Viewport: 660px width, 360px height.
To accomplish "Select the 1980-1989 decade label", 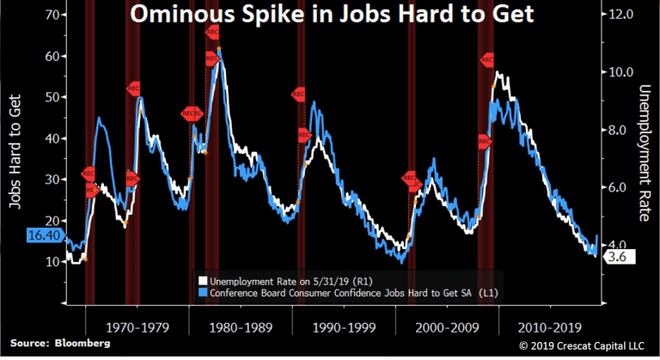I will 241,326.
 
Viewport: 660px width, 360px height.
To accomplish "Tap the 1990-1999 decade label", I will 343,326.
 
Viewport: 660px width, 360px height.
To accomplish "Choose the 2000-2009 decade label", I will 446,326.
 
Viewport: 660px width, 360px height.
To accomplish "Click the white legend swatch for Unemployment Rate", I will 203,280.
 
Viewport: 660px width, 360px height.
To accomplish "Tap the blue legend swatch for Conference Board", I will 203,293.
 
